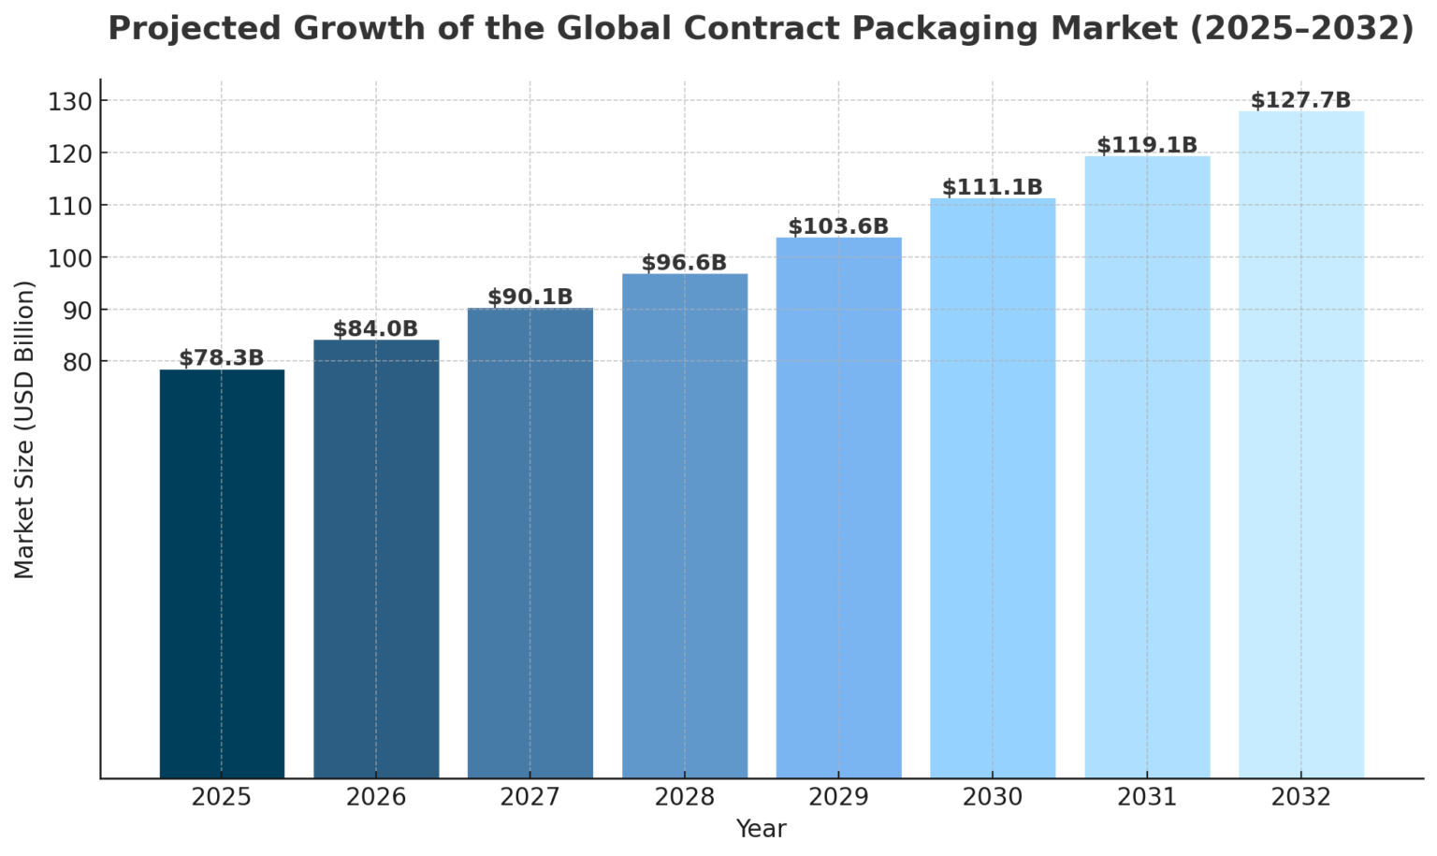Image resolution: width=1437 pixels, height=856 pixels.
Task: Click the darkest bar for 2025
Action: tap(222, 573)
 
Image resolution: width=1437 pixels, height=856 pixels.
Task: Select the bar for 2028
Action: tap(685, 525)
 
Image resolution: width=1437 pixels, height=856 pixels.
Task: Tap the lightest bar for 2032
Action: tap(1300, 444)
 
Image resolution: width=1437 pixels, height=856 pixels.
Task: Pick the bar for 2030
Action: tap(993, 487)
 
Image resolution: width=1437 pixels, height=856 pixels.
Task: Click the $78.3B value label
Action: tap(222, 357)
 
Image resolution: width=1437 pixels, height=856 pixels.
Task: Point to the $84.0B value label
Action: tap(375, 328)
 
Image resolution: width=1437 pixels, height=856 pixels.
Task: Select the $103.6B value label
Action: tap(838, 226)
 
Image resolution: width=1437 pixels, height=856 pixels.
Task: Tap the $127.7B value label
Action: tap(1300, 100)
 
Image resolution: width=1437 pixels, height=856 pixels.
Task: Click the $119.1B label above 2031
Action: tap(1147, 145)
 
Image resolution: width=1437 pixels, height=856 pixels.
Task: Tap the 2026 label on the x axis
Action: tap(375, 797)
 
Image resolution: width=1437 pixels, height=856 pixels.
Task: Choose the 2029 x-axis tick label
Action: tap(838, 797)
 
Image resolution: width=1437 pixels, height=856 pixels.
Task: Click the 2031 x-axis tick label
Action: tap(1147, 797)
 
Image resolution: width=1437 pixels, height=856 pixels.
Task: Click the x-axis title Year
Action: tap(761, 829)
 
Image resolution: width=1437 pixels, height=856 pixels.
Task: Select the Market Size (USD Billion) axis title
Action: tap(25, 429)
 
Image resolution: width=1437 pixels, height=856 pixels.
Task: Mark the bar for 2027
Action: tap(530, 543)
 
